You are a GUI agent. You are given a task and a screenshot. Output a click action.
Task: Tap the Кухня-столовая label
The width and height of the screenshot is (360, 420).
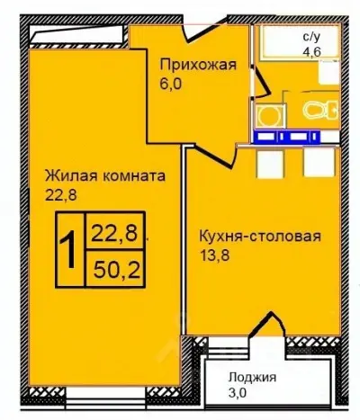click(258, 237)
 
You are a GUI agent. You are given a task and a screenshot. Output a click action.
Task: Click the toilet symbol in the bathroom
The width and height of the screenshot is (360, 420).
click(317, 111)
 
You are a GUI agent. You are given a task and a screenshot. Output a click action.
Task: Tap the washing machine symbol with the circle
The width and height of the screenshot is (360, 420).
click(267, 114)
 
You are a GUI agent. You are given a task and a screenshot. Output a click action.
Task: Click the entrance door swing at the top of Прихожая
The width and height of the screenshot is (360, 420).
click(193, 36)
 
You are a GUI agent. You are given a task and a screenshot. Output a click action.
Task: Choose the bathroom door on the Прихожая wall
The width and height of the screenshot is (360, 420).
click(259, 83)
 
